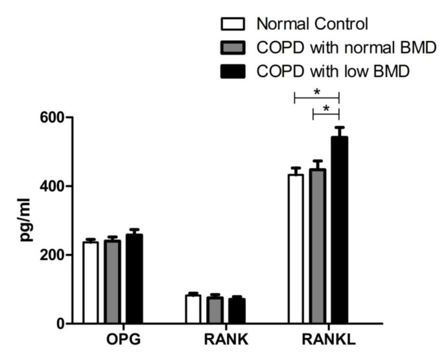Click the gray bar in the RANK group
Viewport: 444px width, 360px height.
pyautogui.click(x=215, y=310)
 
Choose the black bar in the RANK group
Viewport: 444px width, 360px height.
pyautogui.click(x=236, y=311)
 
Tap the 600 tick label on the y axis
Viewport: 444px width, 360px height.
pyautogui.click(x=50, y=118)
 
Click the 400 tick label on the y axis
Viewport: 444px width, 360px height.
pyautogui.click(x=50, y=187)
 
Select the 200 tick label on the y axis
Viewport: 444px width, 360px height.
pyautogui.click(x=50, y=255)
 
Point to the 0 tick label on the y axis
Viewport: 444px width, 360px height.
pyautogui.click(x=58, y=324)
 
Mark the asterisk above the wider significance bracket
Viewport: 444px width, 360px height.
pyautogui.click(x=317, y=92)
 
